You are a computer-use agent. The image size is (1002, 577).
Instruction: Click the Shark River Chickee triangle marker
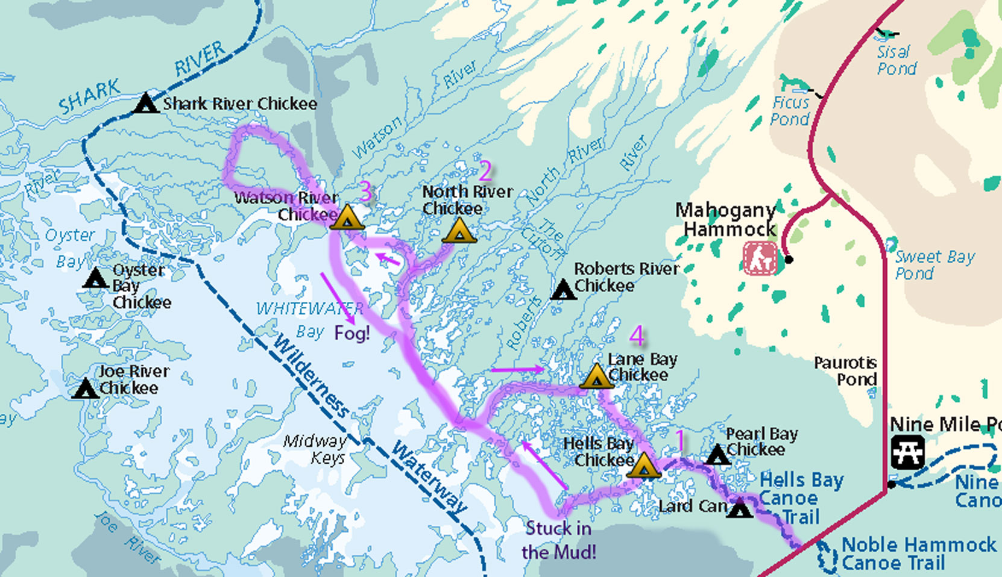(145, 104)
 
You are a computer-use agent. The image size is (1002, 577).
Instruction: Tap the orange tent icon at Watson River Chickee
(347, 217)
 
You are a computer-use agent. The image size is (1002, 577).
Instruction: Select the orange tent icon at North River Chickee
(459, 231)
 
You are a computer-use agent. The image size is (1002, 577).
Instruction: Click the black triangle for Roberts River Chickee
(564, 290)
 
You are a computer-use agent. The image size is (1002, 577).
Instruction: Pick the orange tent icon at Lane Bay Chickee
(596, 376)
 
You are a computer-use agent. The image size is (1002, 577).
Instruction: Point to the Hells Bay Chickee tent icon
(643, 466)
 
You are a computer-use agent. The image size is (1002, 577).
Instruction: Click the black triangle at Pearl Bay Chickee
(717, 455)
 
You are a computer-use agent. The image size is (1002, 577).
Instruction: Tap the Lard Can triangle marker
(740, 509)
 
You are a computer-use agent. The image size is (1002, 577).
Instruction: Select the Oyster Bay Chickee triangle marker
(95, 278)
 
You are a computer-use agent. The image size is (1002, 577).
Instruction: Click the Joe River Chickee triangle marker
(86, 389)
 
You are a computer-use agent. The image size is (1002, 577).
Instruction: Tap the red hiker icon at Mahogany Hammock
(760, 258)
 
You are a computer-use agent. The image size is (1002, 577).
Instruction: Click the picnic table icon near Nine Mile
(907, 452)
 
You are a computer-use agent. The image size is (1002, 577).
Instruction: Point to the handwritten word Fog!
(352, 332)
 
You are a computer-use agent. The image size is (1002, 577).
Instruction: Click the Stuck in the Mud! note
(559, 540)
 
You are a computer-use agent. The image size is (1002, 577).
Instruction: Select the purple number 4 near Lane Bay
(637, 336)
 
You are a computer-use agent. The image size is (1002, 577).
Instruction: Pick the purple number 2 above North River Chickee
(485, 171)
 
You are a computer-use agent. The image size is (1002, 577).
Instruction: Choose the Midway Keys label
(315, 449)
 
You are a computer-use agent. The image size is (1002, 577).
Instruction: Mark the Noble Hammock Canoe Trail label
(918, 554)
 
